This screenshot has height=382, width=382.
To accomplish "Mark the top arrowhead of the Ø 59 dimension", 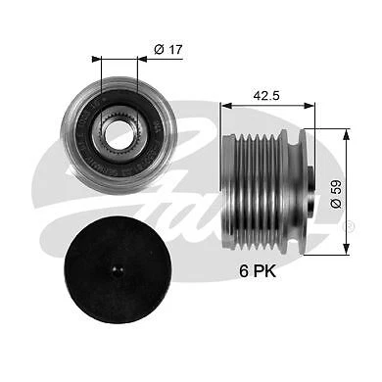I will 345,131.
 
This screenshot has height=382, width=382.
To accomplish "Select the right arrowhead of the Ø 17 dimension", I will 143,60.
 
